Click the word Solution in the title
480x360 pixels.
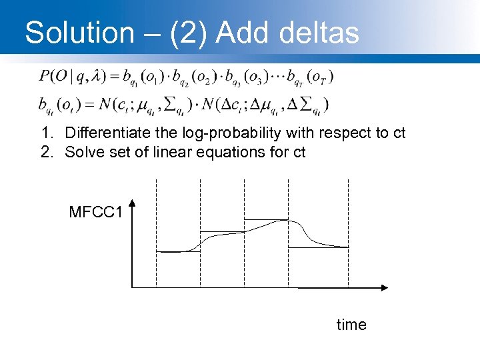click(x=79, y=32)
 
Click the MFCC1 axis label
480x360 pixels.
click(x=96, y=213)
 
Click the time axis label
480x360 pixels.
click(x=351, y=325)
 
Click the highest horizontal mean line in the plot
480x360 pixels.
click(x=266, y=219)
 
